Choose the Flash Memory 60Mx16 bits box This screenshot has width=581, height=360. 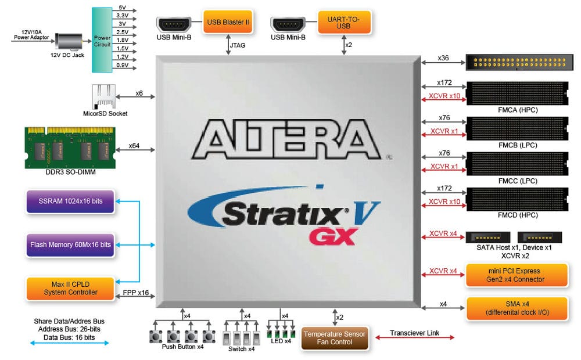70,244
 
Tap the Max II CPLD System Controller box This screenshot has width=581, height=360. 70,288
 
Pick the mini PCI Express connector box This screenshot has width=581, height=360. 517,275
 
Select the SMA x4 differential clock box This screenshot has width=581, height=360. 517,308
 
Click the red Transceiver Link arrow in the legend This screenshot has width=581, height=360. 414,337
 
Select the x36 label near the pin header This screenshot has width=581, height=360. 443,58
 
